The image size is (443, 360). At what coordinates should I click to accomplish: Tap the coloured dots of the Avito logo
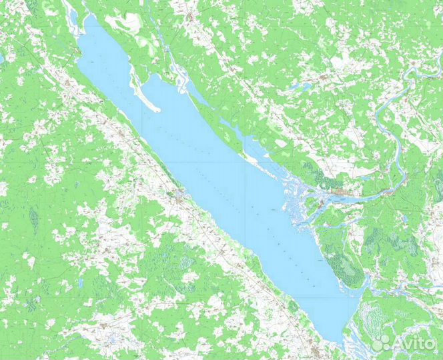pyautogui.click(x=380, y=343)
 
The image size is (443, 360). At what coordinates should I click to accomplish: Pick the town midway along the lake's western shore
pyautogui.click(x=177, y=194)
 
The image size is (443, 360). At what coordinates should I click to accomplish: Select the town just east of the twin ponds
pyautogui.click(x=327, y=79)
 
